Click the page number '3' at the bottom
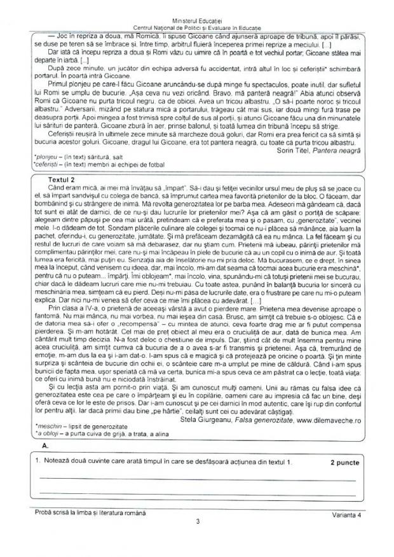click(198, 522)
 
